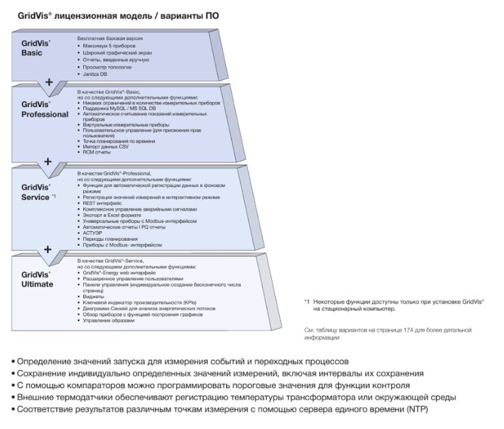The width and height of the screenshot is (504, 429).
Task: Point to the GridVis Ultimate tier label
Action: click(x=37, y=278)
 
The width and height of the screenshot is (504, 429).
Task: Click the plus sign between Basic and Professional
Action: click(x=48, y=82)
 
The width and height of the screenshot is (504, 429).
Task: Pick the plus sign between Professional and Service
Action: click(x=48, y=162)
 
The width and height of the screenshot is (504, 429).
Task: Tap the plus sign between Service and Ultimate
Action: click(x=48, y=249)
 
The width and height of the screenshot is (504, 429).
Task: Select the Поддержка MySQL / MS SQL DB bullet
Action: click(x=119, y=108)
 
